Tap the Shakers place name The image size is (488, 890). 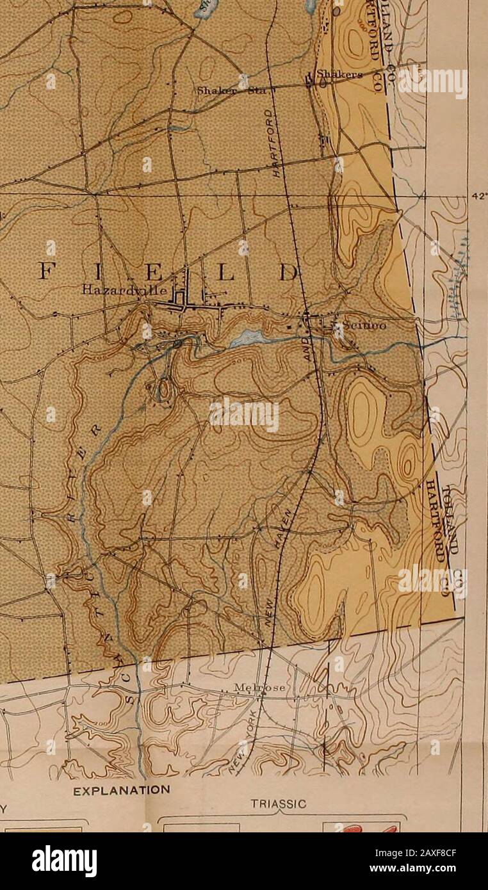click(x=340, y=74)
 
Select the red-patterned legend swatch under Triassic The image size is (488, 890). click(x=360, y=827)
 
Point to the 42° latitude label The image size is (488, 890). click(x=479, y=197)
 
